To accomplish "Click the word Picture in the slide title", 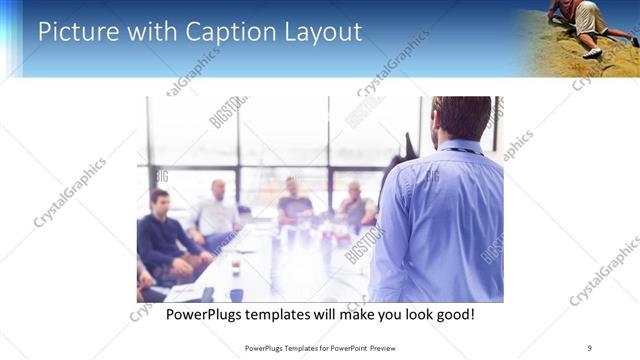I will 73,32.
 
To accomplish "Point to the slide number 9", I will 590,347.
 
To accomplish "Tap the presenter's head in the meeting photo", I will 462,119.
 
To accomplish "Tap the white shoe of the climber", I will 592,53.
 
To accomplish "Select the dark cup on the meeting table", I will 235,293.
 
